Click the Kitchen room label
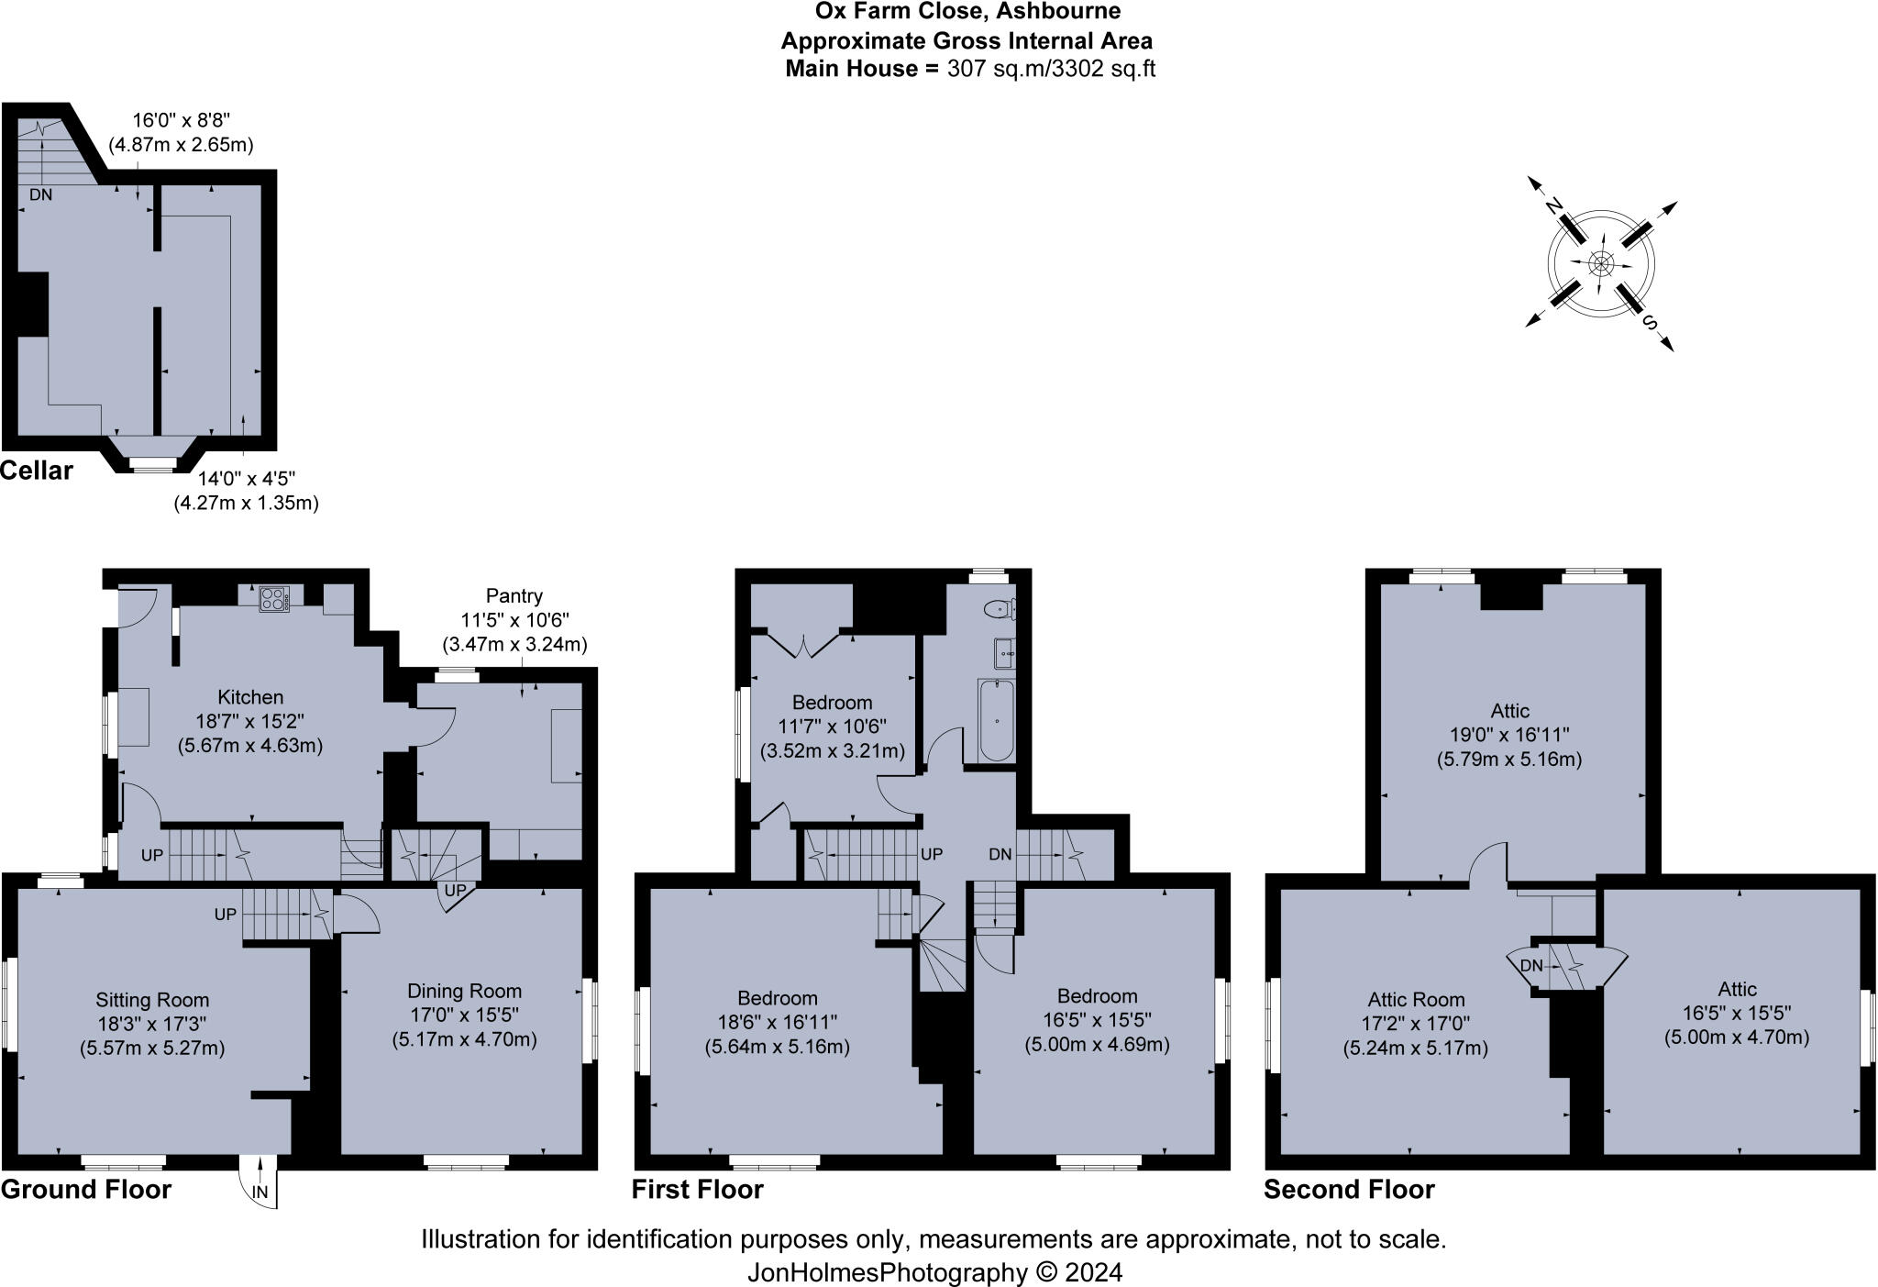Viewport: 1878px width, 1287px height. coord(250,697)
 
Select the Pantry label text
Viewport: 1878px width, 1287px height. coord(514,595)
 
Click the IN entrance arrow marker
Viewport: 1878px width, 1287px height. coord(261,1191)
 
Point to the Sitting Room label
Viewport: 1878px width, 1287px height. coord(152,1000)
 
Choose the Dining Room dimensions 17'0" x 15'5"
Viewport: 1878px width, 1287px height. coord(464,1015)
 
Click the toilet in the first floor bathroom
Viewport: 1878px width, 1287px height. coord(998,608)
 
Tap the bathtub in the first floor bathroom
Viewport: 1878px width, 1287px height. coord(996,721)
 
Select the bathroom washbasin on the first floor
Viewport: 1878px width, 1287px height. coord(1003,653)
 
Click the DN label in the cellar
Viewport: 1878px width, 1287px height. coord(40,194)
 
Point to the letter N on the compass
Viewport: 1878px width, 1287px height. coord(1552,207)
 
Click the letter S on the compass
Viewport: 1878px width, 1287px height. coord(1651,322)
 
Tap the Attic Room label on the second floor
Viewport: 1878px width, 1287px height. coord(1416,1000)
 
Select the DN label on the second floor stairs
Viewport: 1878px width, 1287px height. coord(1531,965)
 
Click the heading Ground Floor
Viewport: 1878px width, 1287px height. coord(86,1190)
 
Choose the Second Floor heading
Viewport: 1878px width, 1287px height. coord(1349,1190)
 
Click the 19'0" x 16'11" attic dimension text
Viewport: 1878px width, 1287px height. coord(1508,735)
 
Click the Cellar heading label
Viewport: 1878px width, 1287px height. coord(37,471)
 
